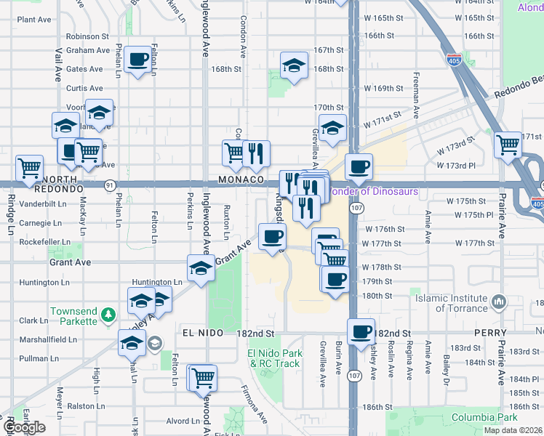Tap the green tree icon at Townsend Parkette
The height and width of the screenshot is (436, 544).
pos(108,314)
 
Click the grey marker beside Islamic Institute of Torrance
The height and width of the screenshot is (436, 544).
pos(498,300)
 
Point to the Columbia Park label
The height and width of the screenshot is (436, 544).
pos(484,417)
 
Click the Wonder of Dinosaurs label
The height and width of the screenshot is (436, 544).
pos(372,192)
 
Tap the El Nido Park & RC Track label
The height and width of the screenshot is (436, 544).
pos(274,358)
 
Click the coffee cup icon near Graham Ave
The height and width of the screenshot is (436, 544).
pos(137,60)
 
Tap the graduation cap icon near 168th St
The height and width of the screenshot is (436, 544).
pos(293,65)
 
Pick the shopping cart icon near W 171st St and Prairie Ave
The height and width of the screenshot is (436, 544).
pos(507,144)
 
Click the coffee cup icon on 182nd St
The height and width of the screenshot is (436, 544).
pos(361,331)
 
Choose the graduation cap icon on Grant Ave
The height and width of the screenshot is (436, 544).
pos(201,268)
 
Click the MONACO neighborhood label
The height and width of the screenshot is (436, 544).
pos(239,179)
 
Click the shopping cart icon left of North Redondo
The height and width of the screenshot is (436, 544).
pos(29,167)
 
